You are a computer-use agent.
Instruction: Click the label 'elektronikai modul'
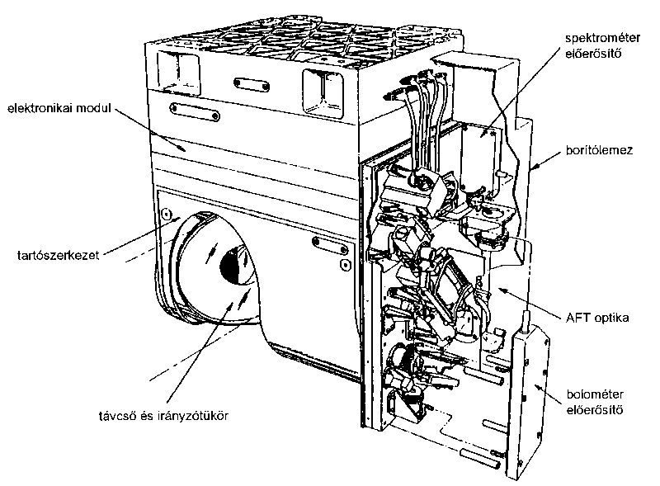point(59,108)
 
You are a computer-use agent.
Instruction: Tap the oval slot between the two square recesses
point(250,83)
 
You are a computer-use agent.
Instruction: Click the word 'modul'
point(95,108)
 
